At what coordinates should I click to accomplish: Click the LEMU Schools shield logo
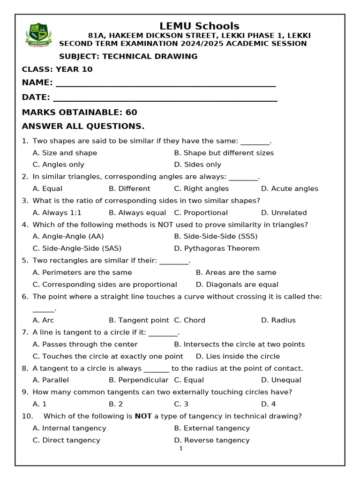click(39, 35)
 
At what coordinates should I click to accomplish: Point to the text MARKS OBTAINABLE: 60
click(79, 112)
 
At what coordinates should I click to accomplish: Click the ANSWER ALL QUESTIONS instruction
click(83, 127)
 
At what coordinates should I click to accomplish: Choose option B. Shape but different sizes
click(224, 153)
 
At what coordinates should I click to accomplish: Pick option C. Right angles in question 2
click(201, 189)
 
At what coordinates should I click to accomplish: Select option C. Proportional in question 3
click(201, 213)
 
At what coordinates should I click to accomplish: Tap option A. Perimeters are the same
click(82, 272)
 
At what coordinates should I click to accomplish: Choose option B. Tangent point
click(138, 320)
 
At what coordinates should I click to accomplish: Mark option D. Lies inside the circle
click(238, 356)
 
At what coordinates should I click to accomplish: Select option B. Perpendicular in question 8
click(138, 380)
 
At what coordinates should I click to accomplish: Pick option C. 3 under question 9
click(181, 404)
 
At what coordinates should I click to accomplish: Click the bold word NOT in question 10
click(143, 416)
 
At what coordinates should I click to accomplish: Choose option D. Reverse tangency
click(212, 440)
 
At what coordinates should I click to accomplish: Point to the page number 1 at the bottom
click(180, 449)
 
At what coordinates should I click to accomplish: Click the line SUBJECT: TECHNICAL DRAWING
click(128, 56)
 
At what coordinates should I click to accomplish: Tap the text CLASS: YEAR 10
click(57, 69)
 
